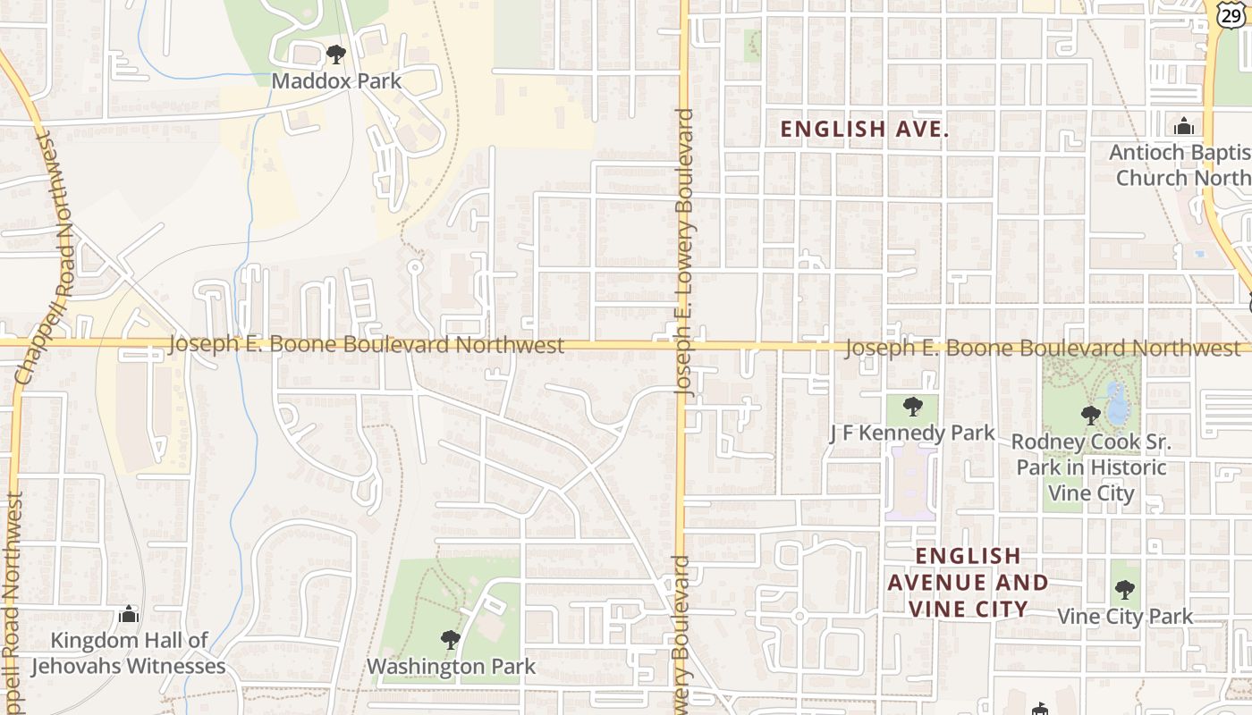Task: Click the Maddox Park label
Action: click(x=336, y=81)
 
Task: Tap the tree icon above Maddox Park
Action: click(x=336, y=55)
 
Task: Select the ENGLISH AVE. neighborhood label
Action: click(x=864, y=130)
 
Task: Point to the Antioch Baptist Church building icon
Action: click(x=1185, y=126)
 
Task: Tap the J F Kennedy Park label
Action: click(x=912, y=433)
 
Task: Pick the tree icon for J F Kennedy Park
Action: click(x=913, y=408)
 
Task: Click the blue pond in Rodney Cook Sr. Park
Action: click(x=1116, y=403)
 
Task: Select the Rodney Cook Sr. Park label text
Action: click(x=1091, y=467)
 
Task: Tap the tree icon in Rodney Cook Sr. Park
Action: click(x=1090, y=416)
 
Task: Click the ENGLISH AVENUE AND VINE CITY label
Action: click(x=968, y=583)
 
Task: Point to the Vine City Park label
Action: click(x=1125, y=617)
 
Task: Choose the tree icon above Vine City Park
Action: click(x=1125, y=590)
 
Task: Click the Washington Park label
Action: click(x=451, y=667)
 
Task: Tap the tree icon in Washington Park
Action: click(x=451, y=640)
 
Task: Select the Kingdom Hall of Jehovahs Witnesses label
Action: click(x=129, y=653)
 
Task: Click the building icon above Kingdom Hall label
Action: click(x=129, y=615)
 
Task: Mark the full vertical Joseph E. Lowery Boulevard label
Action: click(x=685, y=253)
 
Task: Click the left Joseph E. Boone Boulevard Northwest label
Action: click(x=367, y=344)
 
